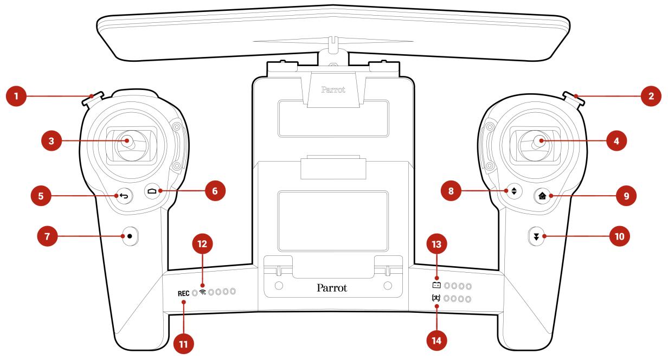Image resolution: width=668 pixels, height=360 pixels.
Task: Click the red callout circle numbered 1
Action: pos(16,96)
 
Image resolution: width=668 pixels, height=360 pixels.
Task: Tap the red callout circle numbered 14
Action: pos(436,340)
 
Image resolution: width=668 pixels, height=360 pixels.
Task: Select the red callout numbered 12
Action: pos(202,244)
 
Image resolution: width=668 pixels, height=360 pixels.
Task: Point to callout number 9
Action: pos(626,196)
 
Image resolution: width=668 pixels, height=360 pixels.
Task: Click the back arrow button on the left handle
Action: pos(124,196)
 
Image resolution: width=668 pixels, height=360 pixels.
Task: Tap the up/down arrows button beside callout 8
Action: pos(514,191)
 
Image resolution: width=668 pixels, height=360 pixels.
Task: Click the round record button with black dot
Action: pos(130,236)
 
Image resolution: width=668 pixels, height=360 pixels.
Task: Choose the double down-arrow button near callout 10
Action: pos(536,236)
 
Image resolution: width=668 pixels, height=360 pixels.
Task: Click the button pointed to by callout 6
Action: pos(152,191)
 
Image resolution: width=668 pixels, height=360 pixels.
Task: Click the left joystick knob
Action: pos(127,141)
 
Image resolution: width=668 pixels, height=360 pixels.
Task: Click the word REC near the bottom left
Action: pos(183,293)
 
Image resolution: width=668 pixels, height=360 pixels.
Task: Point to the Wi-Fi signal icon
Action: pos(203,292)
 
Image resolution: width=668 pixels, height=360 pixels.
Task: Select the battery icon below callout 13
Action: pos(436,285)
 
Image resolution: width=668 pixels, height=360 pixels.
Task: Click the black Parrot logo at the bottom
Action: pos(332,288)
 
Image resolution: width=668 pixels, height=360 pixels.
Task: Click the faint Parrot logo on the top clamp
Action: pos(333,89)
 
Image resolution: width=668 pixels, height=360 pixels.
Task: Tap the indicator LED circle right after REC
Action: pos(195,293)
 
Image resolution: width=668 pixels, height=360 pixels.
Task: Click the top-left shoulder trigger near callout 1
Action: pos(92,99)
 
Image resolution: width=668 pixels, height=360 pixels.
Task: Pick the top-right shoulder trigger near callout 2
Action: pos(574,99)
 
